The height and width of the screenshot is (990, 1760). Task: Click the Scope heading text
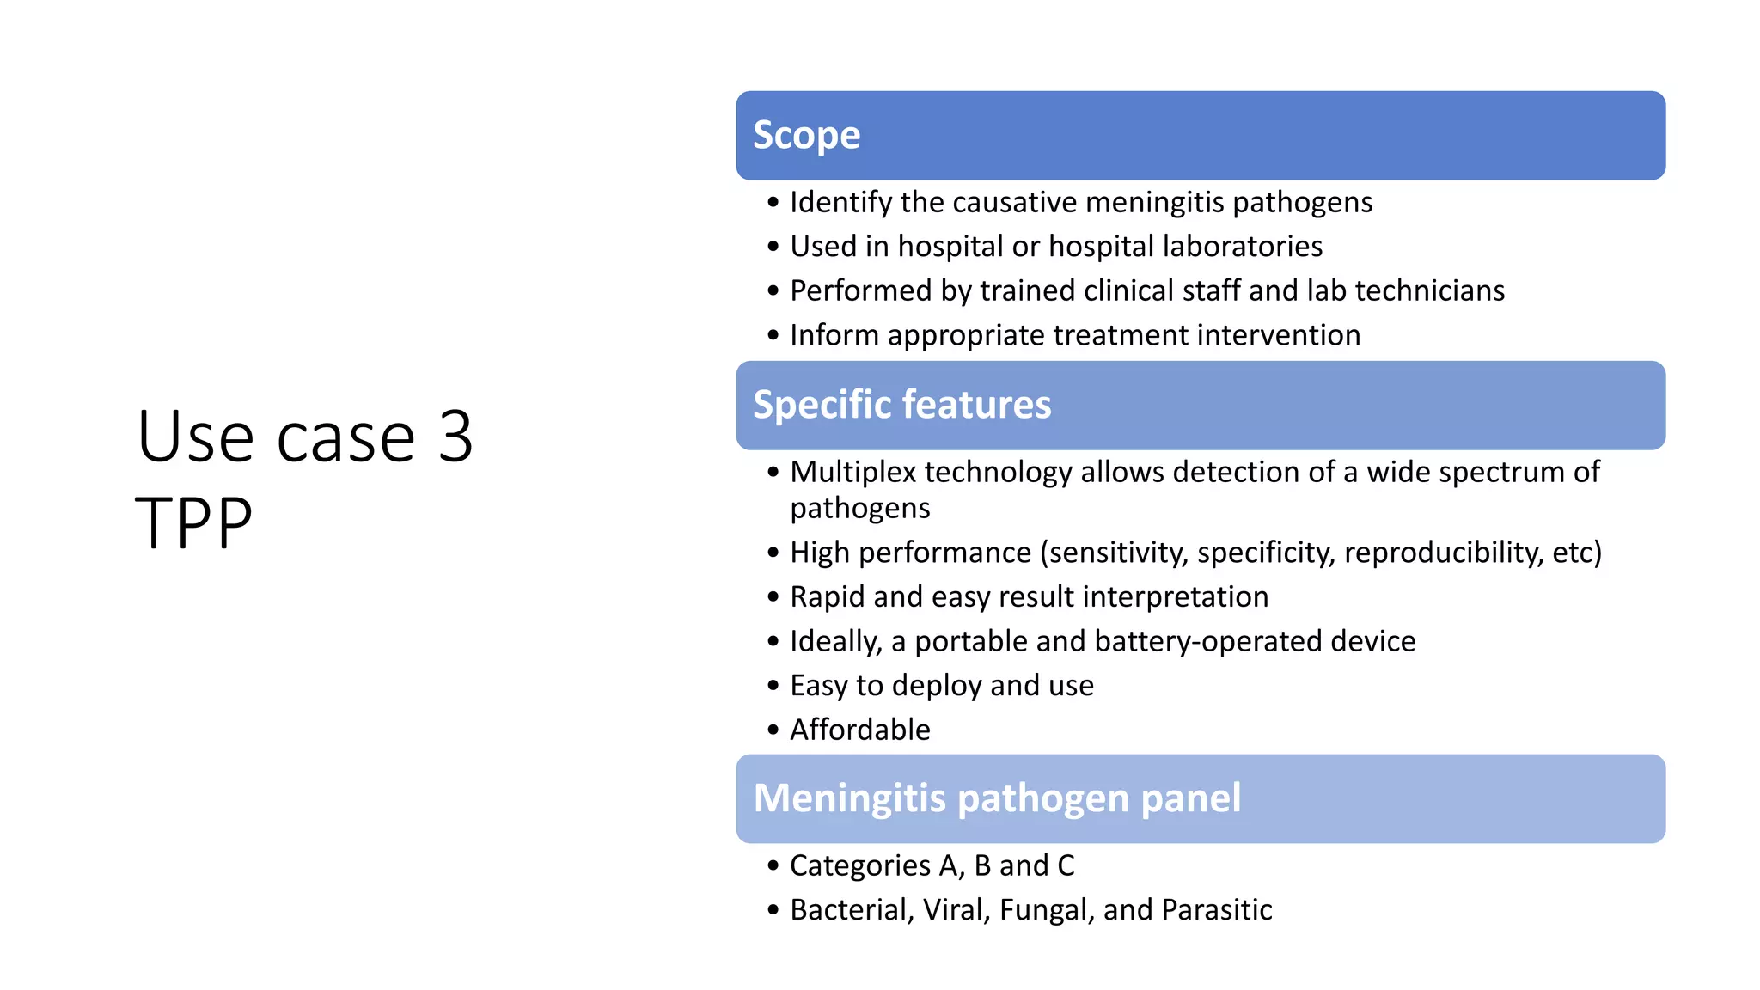[806, 136]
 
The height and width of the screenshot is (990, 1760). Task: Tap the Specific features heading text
[901, 405]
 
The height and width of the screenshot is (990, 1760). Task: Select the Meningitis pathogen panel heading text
[997, 798]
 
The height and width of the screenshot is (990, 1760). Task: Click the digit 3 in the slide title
[455, 437]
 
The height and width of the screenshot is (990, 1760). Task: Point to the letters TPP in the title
[194, 522]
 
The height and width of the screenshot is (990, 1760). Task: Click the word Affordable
[859, 730]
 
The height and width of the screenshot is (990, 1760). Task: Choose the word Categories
[859, 865]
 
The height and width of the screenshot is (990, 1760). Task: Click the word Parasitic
[1216, 910]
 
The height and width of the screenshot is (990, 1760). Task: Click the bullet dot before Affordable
[773, 730]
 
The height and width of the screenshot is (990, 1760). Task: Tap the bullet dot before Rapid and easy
[773, 597]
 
